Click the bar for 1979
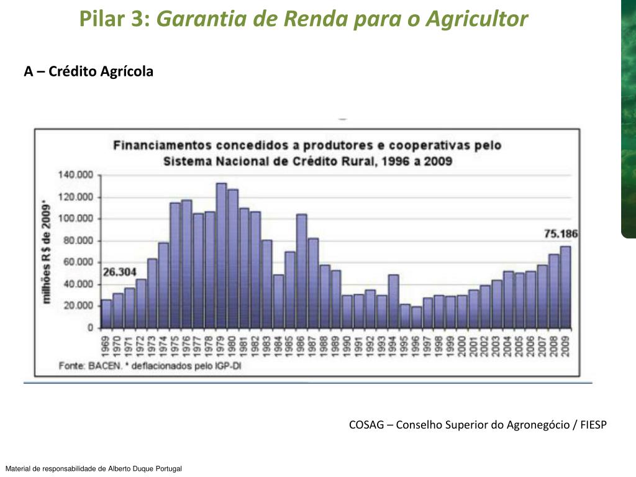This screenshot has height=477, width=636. (x=221, y=255)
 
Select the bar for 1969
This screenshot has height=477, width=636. (x=106, y=314)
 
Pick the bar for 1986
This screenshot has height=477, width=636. (x=301, y=271)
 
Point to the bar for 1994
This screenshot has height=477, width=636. (x=393, y=301)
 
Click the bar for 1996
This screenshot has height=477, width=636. (x=416, y=317)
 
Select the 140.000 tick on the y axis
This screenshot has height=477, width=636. (x=75, y=175)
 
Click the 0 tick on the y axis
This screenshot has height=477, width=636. (x=91, y=327)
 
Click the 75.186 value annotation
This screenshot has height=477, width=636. (x=561, y=234)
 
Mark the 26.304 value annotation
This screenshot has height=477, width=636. (x=119, y=272)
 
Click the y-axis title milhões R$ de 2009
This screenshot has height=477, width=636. (x=46, y=252)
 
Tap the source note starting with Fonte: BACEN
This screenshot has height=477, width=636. (x=150, y=366)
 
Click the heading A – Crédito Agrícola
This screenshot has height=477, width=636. (x=89, y=72)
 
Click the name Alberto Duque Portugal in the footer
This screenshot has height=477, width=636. (x=145, y=469)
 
